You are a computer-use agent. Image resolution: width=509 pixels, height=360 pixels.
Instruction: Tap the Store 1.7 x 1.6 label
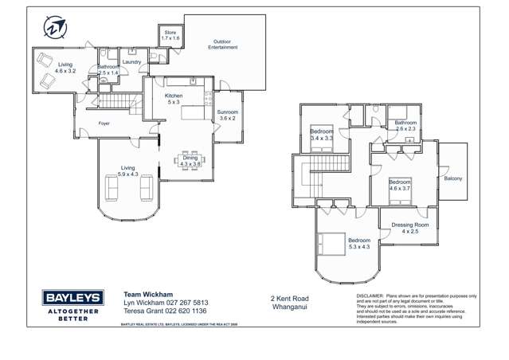[170, 36]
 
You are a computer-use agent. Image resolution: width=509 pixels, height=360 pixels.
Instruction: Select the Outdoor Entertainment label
[223, 45]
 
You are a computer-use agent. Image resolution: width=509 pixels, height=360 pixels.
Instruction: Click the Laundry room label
[131, 61]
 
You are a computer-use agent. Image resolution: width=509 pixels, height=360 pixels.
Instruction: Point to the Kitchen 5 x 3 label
[174, 99]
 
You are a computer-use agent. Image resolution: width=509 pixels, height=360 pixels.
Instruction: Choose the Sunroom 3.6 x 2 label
[228, 115]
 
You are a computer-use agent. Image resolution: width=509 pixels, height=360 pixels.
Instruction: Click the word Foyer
[104, 123]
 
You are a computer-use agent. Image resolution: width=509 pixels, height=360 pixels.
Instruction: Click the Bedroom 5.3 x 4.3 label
[358, 244]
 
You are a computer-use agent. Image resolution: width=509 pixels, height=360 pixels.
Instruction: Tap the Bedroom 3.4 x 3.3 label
[322, 135]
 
